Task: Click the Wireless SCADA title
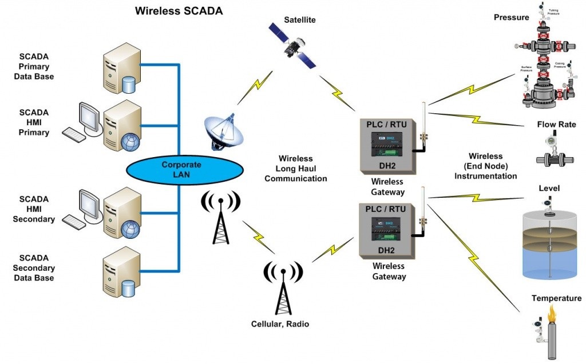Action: tap(179, 10)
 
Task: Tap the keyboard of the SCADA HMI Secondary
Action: tap(74, 221)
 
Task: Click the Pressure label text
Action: tap(511, 17)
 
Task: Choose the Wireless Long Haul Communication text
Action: tap(295, 169)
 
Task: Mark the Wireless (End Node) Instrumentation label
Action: tap(485, 166)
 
